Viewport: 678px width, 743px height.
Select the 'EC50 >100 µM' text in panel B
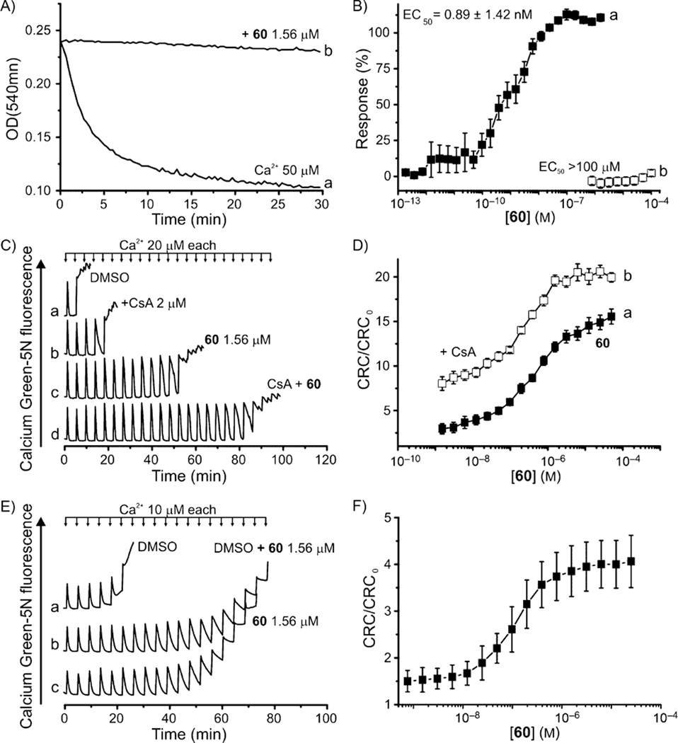click(577, 166)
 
